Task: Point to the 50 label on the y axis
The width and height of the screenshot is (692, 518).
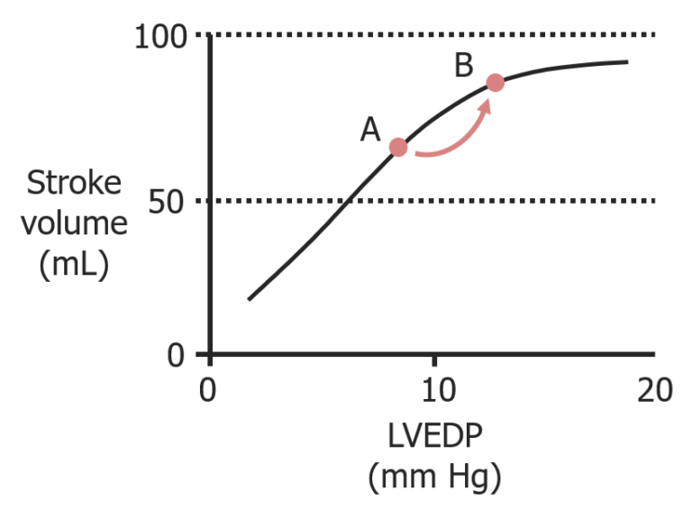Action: pyautogui.click(x=169, y=201)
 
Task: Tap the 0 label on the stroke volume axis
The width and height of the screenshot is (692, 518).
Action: pyautogui.click(x=177, y=354)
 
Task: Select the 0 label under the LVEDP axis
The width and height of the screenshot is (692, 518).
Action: pyautogui.click(x=210, y=393)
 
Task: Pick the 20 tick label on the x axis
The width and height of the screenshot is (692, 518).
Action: pyautogui.click(x=655, y=393)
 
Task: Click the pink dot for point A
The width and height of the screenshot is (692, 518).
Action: pyautogui.click(x=398, y=148)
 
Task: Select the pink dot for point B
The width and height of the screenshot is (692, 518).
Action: pyautogui.click(x=495, y=83)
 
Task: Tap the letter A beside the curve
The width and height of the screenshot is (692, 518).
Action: pyautogui.click(x=370, y=132)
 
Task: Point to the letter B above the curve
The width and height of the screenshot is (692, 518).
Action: pyautogui.click(x=463, y=66)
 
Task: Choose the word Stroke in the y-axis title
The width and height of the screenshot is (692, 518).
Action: pyautogui.click(x=74, y=183)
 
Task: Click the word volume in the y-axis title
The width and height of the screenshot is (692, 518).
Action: pyautogui.click(x=74, y=224)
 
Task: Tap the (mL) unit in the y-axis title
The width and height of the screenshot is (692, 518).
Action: pyautogui.click(x=74, y=266)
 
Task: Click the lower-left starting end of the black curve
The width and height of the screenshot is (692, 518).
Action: pyautogui.click(x=250, y=298)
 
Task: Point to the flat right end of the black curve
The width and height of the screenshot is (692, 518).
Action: pyautogui.click(x=626, y=62)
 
